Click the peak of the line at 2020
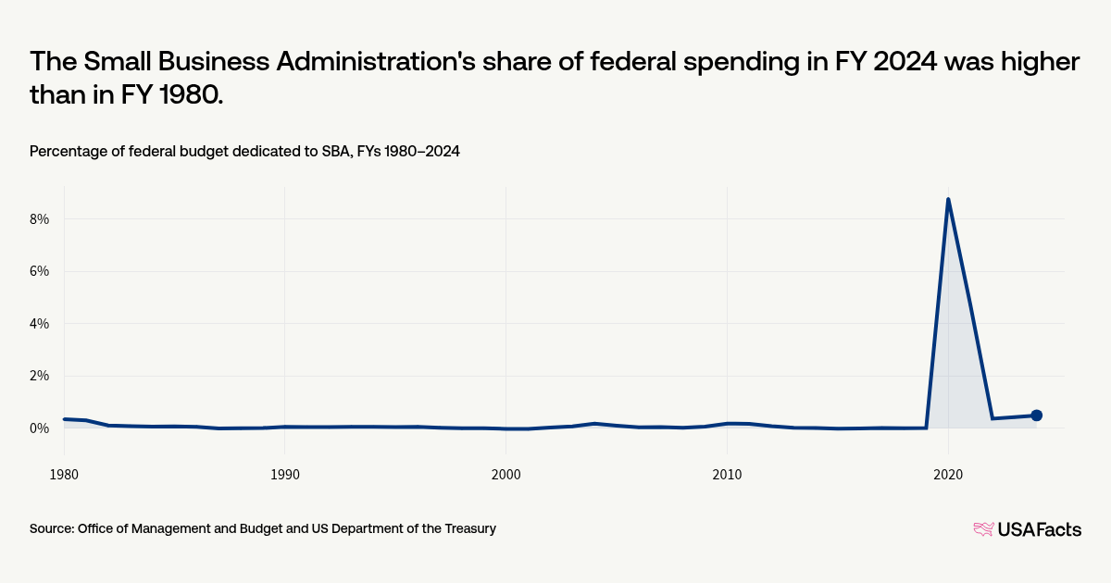pyautogui.click(x=948, y=199)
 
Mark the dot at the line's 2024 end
pyautogui.click(x=1037, y=416)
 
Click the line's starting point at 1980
pyautogui.click(x=64, y=419)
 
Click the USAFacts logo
pyautogui.click(x=1027, y=529)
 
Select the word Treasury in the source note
pyautogui.click(x=468, y=528)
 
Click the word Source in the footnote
pyautogui.click(x=51, y=528)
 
